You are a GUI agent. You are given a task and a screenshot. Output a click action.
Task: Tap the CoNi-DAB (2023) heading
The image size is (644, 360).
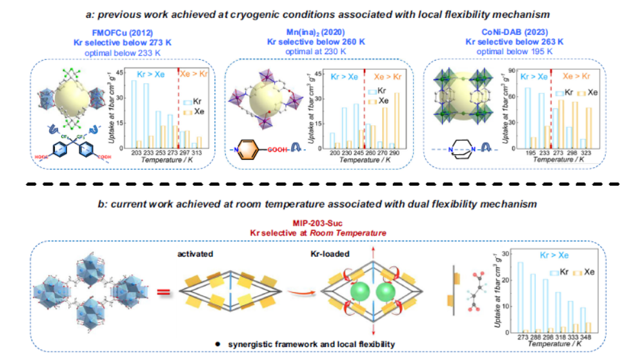[510, 31]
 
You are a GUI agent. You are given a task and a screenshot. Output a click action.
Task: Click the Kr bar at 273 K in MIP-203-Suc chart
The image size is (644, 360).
[520, 297]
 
